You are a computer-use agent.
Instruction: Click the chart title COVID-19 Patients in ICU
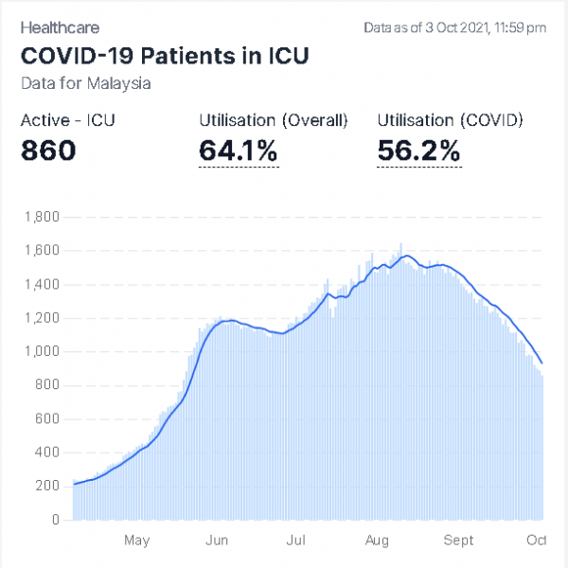[165, 55]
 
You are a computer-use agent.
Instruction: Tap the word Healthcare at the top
[60, 28]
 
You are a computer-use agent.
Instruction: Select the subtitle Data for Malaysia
[85, 83]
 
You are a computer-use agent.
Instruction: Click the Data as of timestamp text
[454, 28]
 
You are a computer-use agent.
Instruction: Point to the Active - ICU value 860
[48, 150]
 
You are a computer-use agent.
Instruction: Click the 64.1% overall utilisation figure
[239, 150]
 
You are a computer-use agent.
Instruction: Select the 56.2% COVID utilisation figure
[418, 150]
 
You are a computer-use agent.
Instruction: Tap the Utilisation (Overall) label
[274, 120]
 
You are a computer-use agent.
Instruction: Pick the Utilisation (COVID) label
[450, 120]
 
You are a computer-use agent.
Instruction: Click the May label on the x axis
[137, 541]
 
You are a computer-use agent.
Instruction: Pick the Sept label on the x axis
[458, 541]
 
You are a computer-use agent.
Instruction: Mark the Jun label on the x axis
[217, 541]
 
